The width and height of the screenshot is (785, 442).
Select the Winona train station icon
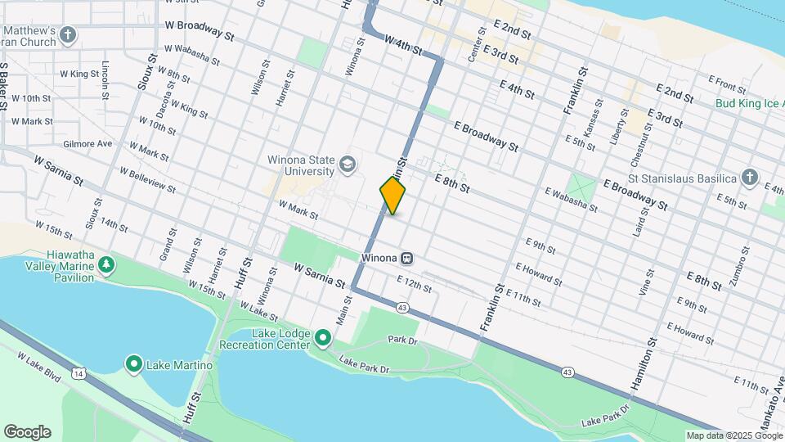(x=406, y=258)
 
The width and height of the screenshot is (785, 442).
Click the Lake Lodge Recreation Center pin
(x=323, y=337)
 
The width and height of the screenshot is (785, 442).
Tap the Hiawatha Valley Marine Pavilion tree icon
(x=106, y=264)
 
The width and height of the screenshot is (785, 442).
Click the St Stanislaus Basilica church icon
(x=749, y=178)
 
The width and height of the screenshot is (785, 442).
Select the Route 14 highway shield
(x=78, y=373)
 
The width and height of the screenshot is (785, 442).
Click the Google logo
(x=27, y=431)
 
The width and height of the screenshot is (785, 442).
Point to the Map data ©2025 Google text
(x=733, y=435)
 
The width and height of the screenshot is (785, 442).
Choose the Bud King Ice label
(x=748, y=104)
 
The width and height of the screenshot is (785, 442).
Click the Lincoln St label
(x=105, y=79)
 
